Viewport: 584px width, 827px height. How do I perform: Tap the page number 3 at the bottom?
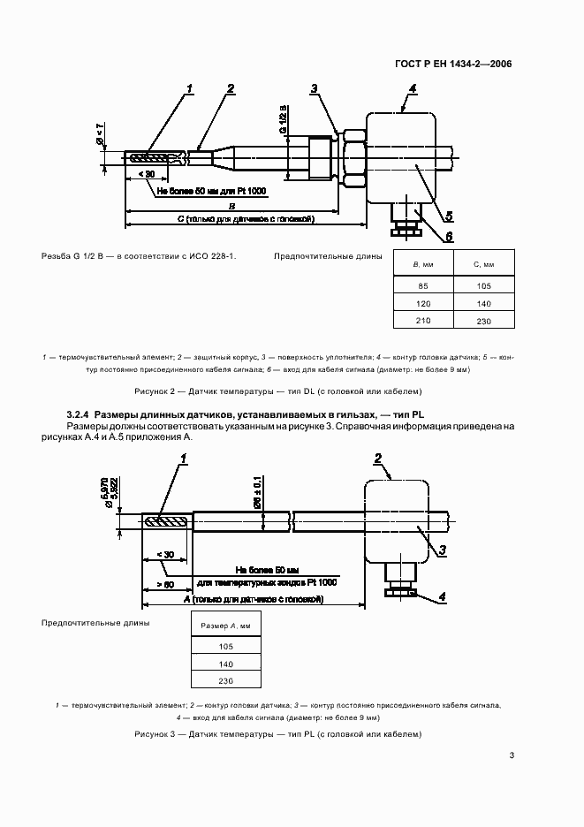tap(512, 755)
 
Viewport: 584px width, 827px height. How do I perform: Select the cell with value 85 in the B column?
tap(422, 285)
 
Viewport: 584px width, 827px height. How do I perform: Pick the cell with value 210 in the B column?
tap(422, 320)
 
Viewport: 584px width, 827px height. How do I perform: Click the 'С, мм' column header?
tap(482, 264)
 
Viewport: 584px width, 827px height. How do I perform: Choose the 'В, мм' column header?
tap(422, 264)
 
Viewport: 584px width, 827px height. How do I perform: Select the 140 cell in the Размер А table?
tap(224, 664)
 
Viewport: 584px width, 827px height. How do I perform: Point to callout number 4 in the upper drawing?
tap(413, 89)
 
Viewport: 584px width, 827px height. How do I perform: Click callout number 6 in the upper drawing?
tap(450, 236)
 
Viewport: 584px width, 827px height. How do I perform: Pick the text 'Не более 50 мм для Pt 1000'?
tap(211, 190)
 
